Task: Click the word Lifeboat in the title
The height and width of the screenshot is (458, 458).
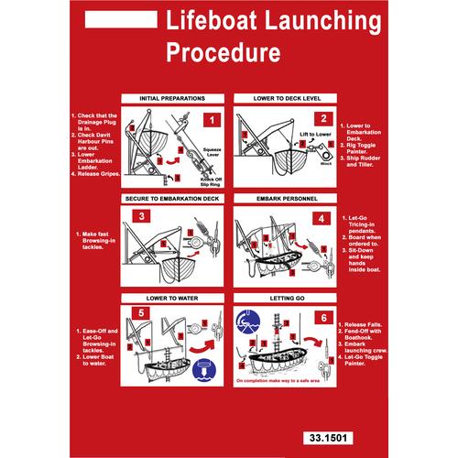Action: tap(202, 20)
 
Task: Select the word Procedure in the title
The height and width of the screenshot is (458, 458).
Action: tap(223, 52)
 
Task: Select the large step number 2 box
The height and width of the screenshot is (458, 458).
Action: tap(322, 118)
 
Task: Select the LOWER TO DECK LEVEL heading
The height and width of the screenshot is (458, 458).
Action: tap(278, 96)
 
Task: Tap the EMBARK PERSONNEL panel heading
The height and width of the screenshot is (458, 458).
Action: tap(278, 196)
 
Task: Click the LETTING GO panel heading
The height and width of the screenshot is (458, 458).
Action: tap(278, 297)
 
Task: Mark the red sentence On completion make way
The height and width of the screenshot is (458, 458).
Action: tap(278, 378)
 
